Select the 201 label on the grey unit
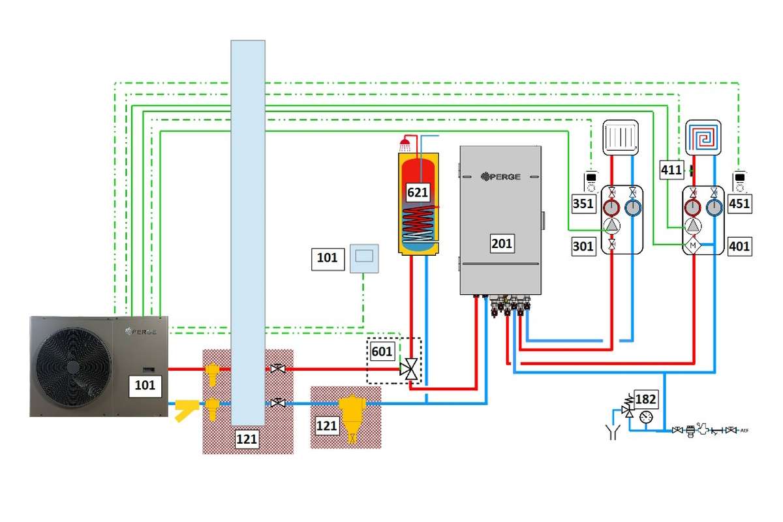point(502,244)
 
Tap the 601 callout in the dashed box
point(382,352)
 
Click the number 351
point(583,203)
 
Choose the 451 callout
point(739,203)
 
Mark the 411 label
point(671,170)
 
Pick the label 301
point(583,247)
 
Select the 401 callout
point(739,247)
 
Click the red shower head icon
point(405,142)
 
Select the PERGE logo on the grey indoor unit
point(500,176)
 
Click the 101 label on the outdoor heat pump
point(145,385)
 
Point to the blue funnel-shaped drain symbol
point(613,431)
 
